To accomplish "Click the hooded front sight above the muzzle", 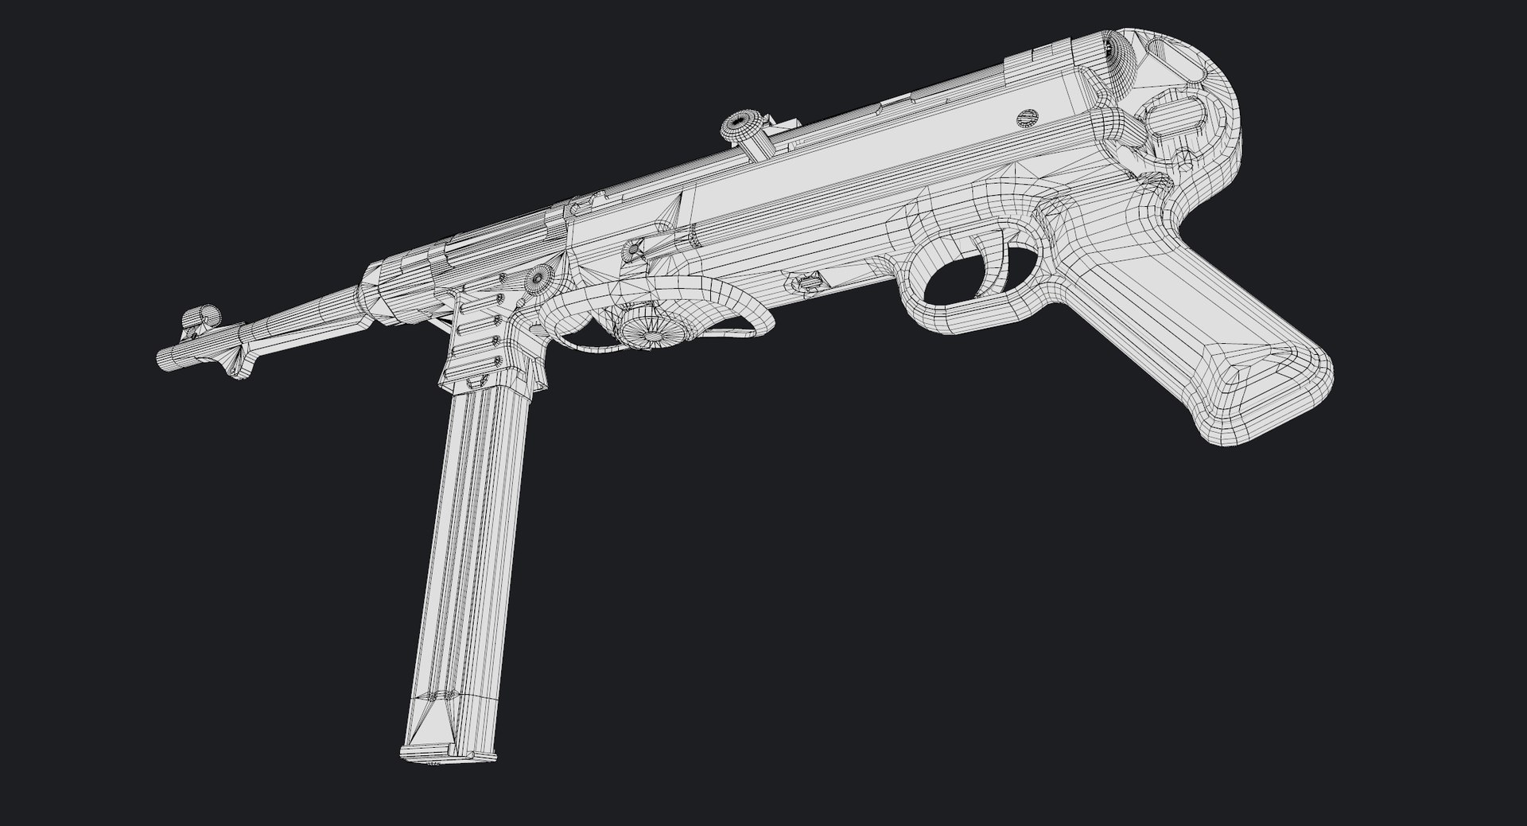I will point(200,315).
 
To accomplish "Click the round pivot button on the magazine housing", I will point(538,278).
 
